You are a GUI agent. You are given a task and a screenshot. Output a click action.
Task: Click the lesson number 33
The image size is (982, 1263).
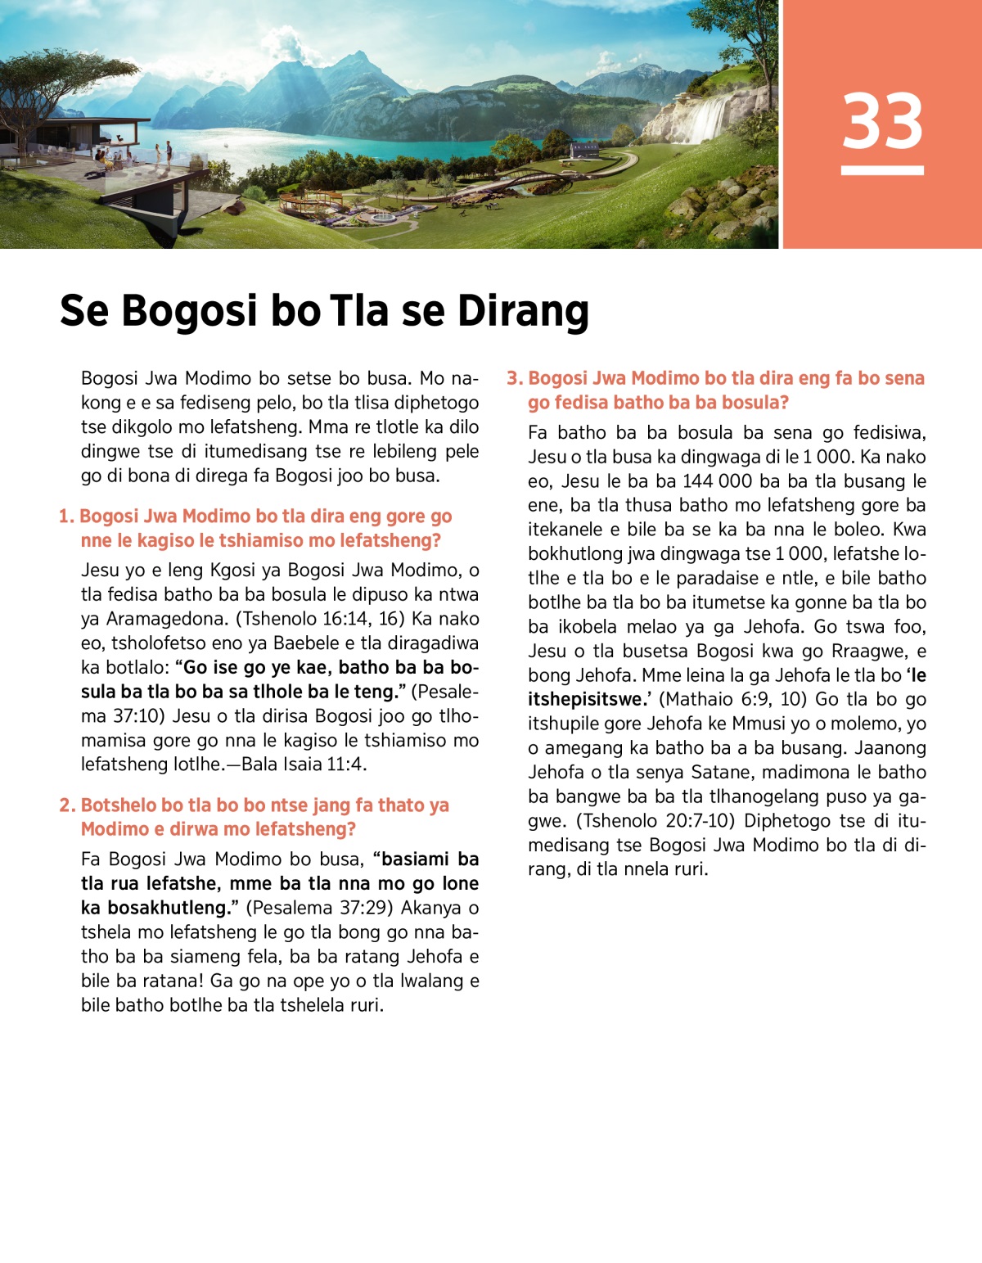pos(882,121)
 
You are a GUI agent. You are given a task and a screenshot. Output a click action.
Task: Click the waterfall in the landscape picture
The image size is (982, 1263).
pos(707,119)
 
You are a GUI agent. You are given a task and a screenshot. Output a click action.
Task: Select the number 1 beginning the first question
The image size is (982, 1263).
pos(65,516)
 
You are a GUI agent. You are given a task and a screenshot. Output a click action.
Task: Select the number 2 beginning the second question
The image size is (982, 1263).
pos(65,805)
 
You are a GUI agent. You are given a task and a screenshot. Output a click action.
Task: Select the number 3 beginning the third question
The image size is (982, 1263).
pos(513,378)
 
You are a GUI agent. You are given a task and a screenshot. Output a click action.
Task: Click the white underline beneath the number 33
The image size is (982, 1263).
pos(882,170)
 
